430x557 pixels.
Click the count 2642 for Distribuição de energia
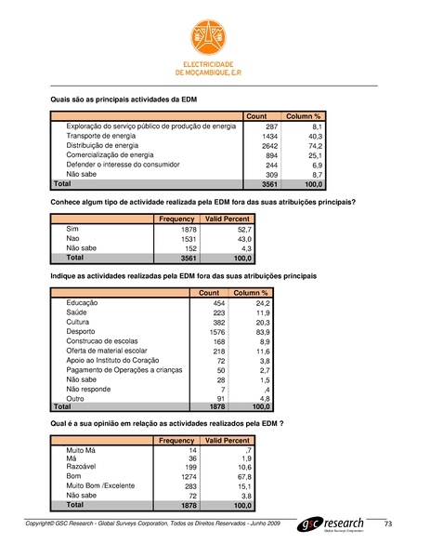(x=267, y=146)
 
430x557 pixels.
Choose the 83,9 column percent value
(x=261, y=331)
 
